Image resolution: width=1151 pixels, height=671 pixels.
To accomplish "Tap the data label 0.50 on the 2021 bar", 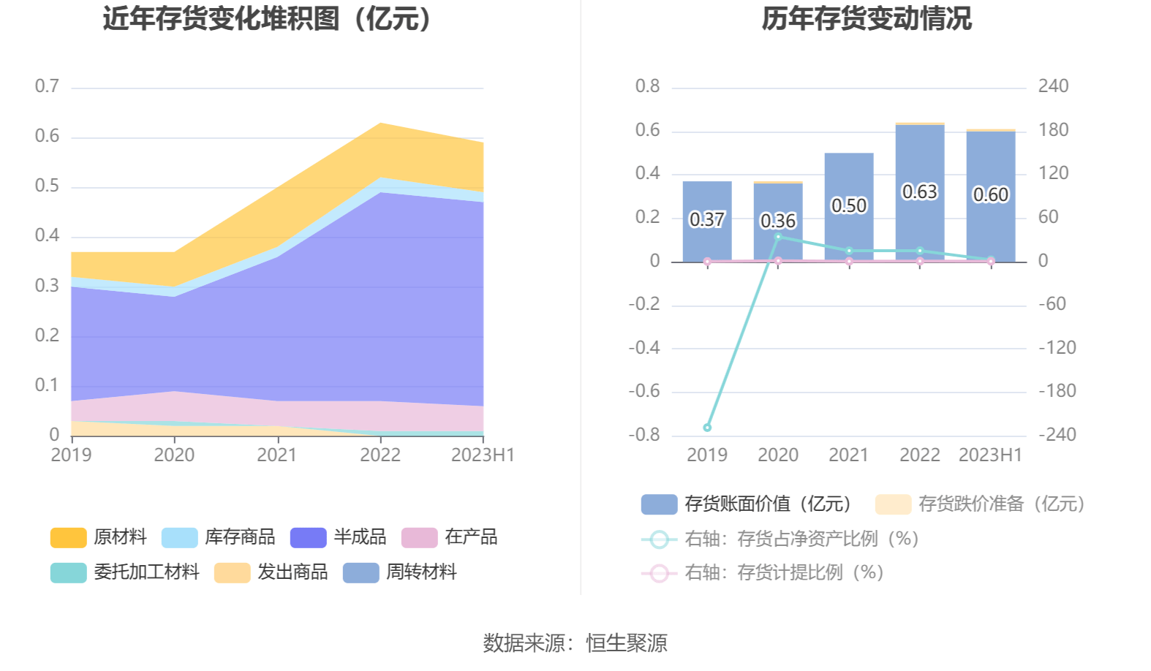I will (848, 206).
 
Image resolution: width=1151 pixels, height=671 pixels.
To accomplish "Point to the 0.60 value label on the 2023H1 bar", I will (990, 195).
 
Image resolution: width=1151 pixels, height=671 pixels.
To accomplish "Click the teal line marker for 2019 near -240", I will (707, 428).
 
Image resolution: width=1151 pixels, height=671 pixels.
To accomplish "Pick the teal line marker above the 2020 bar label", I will (778, 237).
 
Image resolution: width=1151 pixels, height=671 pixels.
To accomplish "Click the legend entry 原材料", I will (99, 537).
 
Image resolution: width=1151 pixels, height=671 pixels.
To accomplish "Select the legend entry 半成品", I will (339, 537).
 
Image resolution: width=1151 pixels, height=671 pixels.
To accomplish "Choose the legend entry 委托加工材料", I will (125, 572).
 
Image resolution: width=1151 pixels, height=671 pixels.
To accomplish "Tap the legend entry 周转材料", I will (400, 572).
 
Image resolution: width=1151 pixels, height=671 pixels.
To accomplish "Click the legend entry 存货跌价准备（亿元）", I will (980, 504).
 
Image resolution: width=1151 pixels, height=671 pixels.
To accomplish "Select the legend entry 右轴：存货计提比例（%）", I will (763, 573).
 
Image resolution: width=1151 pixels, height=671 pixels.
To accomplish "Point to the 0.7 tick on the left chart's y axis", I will (47, 86).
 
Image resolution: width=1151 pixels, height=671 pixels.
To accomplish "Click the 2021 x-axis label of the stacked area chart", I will (277, 455).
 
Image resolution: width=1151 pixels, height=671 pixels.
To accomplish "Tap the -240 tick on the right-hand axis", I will (1057, 435).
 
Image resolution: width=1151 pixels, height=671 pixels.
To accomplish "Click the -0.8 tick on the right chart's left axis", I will (644, 435).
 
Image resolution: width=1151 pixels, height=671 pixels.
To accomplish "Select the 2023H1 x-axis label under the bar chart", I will (990, 455).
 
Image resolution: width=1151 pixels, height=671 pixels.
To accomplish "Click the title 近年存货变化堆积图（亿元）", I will (268, 19).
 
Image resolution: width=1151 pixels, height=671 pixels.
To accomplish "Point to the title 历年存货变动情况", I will (867, 19).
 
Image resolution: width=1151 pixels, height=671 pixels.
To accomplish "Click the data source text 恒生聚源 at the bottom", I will (627, 643).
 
